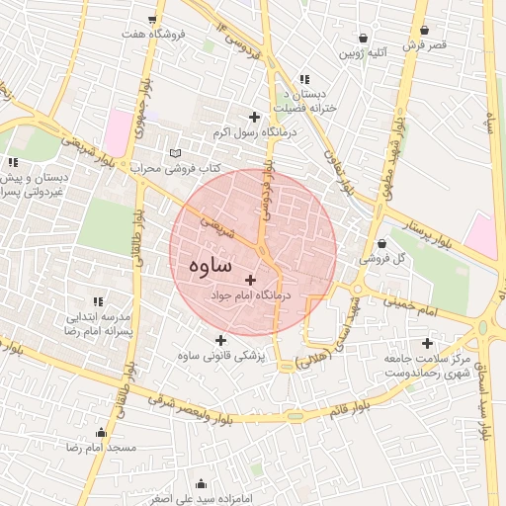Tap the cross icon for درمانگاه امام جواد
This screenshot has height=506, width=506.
coord(250,280)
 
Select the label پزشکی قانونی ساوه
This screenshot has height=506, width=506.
coord(220,357)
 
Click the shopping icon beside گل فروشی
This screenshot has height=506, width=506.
coord(382,244)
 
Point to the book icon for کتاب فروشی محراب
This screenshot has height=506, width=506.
coord(176,154)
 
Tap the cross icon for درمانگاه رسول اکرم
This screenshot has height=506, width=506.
coord(255,117)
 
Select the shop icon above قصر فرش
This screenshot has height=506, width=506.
coord(424,31)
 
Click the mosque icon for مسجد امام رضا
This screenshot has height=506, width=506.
coord(101,433)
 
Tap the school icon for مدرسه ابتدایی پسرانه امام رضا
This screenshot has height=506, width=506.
coord(97,301)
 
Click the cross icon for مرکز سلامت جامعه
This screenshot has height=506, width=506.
coord(426,342)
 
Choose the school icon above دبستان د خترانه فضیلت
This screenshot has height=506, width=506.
coord(304,79)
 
